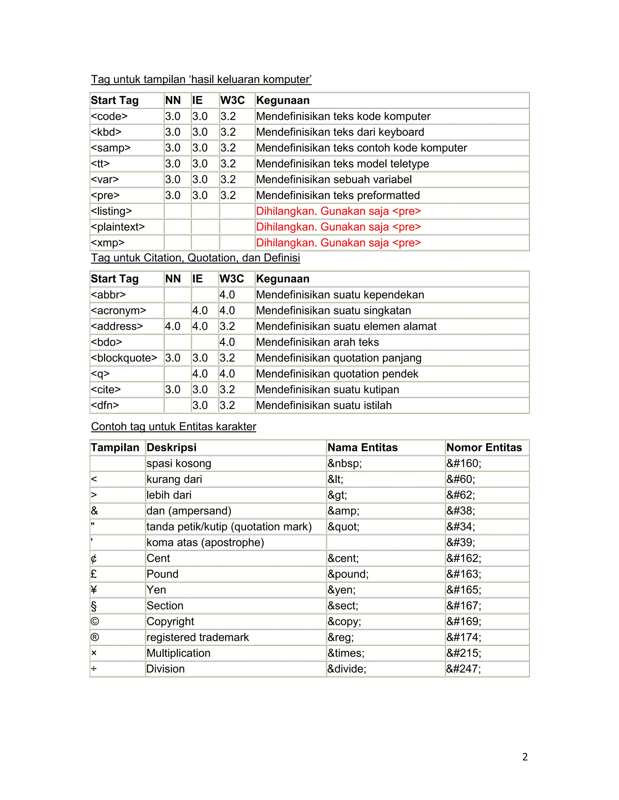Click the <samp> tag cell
110,148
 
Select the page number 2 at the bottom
525,757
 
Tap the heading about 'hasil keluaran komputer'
201,79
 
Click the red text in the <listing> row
338,211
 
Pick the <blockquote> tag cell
124,358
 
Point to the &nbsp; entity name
344,463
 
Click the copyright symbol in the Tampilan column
95,621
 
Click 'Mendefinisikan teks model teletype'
342,164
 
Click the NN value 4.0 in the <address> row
172,326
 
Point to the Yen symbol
94,590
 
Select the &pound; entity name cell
348,574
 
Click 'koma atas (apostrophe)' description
205,542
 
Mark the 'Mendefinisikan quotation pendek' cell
337,374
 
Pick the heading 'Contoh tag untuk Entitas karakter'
173,427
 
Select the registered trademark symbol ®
95,637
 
